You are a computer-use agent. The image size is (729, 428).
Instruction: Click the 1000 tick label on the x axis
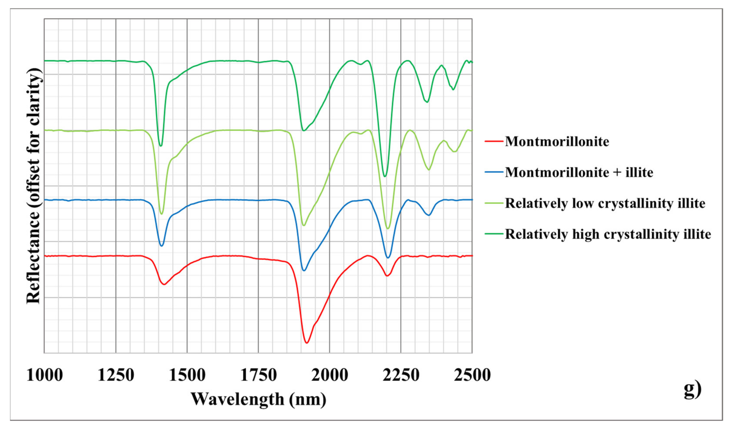(x=45, y=375)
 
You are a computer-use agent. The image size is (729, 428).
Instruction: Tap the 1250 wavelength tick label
(x=116, y=375)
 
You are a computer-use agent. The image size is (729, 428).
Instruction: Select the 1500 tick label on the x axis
(x=187, y=375)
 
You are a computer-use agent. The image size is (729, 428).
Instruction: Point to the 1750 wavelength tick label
(x=258, y=375)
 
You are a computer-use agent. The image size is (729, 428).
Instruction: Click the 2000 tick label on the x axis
(x=329, y=375)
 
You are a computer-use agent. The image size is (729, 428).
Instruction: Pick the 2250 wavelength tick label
(x=401, y=375)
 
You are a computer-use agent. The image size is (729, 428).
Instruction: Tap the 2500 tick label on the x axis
(x=472, y=375)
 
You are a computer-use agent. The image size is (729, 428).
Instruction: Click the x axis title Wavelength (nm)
(x=258, y=399)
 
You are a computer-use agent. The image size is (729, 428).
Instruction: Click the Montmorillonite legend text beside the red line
(x=557, y=142)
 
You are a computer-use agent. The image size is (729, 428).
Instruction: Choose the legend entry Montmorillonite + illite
(x=579, y=172)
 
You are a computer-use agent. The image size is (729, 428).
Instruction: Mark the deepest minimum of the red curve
(x=307, y=343)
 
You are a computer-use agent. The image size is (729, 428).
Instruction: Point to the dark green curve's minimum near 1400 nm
(x=161, y=146)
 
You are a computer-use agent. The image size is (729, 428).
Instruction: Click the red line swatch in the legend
(x=493, y=142)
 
